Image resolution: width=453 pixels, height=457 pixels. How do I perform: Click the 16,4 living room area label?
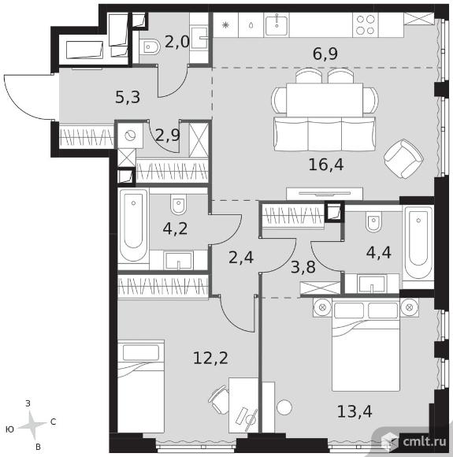326,165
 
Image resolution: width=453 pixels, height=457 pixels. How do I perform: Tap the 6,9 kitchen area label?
325,54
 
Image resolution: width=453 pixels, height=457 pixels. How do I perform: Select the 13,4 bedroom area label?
355,412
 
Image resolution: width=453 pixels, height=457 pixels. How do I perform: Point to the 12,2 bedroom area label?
210,358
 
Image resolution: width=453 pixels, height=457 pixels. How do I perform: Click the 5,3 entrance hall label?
128,97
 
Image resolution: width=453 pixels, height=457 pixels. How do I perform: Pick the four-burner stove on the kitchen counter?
366,24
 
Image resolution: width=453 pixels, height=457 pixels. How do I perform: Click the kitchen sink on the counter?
277,24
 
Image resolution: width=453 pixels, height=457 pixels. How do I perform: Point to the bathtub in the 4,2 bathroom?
133,225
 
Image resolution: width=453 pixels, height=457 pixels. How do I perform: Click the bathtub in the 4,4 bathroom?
418,243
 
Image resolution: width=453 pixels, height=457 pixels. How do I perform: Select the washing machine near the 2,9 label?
130,136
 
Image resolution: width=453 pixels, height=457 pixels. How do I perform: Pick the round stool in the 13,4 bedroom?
284,407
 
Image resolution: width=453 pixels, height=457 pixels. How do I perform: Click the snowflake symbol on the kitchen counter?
225,25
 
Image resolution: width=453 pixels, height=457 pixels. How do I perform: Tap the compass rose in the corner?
32,424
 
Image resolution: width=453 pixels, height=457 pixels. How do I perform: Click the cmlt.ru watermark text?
425,441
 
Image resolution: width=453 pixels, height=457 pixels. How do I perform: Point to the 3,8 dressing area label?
303,267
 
